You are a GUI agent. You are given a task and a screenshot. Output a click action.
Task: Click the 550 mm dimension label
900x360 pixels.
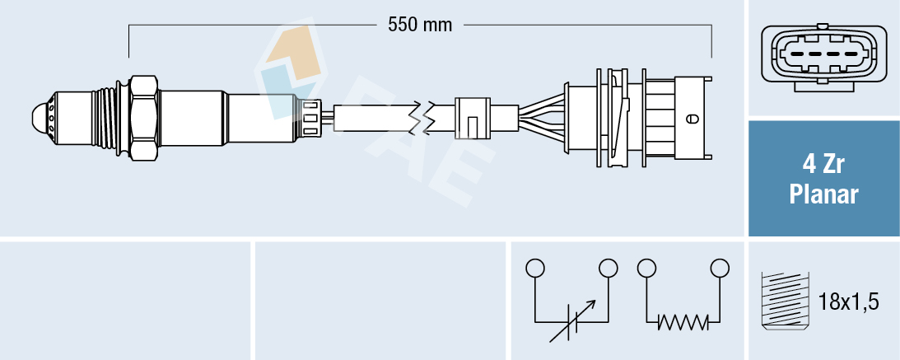coord(420,25)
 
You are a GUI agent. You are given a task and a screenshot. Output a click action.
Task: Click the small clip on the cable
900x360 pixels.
coord(471,118)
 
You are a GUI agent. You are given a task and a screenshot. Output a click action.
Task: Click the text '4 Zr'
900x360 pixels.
coord(823,164)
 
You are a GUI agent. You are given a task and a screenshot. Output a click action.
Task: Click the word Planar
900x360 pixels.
coord(823,194)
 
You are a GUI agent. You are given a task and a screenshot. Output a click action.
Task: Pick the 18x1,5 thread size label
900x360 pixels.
coord(850,302)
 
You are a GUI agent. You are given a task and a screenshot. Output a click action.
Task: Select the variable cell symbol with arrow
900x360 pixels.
coord(572,321)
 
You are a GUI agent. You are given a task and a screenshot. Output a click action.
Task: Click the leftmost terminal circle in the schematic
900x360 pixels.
coord(535,268)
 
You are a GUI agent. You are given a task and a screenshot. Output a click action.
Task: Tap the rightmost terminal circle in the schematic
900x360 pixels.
coord(720,268)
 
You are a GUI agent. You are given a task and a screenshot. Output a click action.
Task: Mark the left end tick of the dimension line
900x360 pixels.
coord(129,41)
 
